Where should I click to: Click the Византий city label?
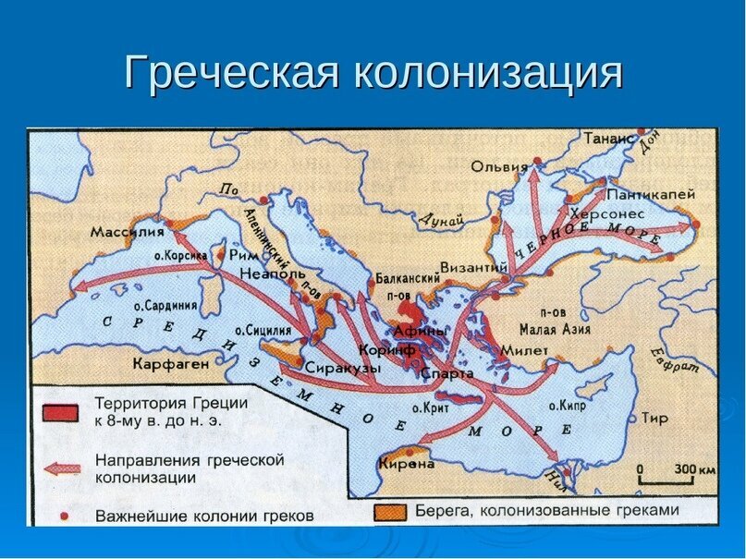tap(473, 267)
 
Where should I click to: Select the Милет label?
tap(523, 350)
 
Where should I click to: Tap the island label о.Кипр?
tap(569, 406)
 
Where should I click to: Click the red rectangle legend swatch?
tap(58, 412)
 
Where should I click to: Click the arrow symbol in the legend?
tap(58, 468)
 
